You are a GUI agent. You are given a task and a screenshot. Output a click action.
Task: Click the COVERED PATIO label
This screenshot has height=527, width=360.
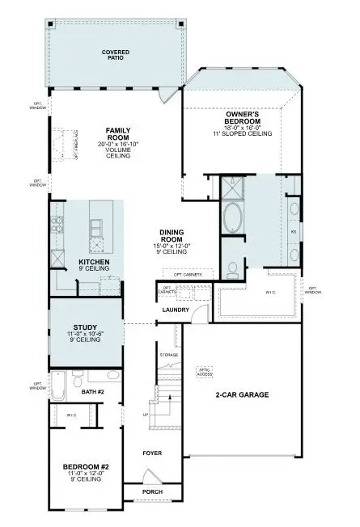click(x=116, y=55)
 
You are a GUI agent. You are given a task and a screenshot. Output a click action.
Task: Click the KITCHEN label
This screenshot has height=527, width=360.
click(x=94, y=263)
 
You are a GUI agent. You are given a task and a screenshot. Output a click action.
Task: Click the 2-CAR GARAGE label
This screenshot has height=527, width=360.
click(x=242, y=395)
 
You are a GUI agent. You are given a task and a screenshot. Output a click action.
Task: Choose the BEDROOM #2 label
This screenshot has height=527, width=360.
click(x=84, y=466)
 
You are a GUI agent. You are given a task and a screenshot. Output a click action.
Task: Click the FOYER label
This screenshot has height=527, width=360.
click(x=153, y=453)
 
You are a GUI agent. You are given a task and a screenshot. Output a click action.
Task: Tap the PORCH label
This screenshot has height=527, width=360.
click(x=152, y=491)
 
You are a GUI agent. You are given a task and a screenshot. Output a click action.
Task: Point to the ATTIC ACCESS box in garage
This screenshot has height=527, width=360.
click(x=205, y=373)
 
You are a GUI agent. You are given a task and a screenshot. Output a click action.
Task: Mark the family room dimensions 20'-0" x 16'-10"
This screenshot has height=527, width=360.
click(x=118, y=144)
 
